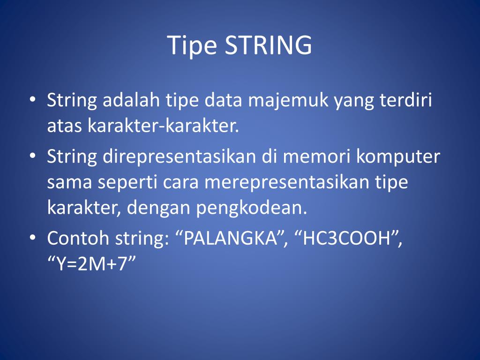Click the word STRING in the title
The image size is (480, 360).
click(x=269, y=46)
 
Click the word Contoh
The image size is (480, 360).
click(x=78, y=239)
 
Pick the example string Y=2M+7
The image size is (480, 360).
click(x=91, y=264)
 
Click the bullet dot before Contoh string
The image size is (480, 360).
click(x=32, y=238)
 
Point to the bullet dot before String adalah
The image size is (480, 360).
click(x=32, y=100)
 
